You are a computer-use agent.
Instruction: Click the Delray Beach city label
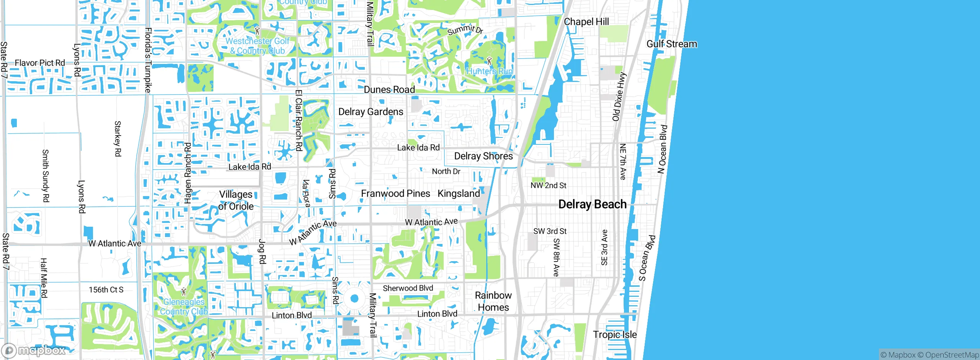(592, 204)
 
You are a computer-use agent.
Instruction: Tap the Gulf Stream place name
(671, 44)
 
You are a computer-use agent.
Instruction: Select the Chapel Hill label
(586, 22)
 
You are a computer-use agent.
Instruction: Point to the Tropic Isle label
(615, 334)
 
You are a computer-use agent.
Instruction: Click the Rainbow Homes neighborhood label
(493, 301)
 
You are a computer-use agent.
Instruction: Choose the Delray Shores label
(483, 156)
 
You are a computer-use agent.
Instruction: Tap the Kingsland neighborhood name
(459, 193)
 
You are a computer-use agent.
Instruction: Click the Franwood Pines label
(395, 193)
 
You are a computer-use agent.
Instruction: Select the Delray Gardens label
(371, 112)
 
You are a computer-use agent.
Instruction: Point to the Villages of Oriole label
(236, 200)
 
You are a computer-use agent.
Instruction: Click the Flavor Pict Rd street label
(40, 63)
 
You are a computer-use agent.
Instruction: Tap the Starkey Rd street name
(118, 139)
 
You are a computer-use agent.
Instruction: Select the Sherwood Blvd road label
(408, 288)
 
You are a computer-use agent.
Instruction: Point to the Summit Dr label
(465, 29)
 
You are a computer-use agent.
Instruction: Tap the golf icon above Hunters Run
(489, 61)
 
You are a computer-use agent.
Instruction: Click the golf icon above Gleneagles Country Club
(184, 292)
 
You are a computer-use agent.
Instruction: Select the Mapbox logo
(34, 350)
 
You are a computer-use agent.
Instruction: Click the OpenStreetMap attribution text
(952, 355)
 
